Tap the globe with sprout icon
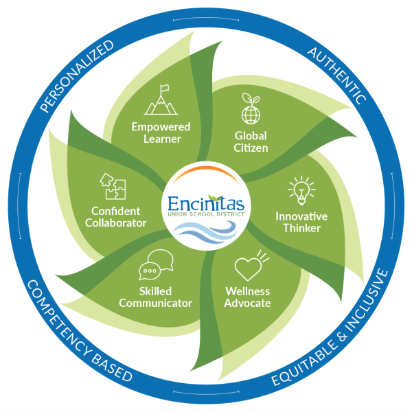(251, 108)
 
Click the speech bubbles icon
(156, 264)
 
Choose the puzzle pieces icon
(113, 186)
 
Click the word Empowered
(161, 127)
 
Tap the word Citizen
(251, 148)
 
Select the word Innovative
(301, 216)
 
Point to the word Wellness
(247, 291)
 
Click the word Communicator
(156, 304)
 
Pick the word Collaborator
(115, 222)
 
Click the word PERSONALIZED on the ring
(77, 76)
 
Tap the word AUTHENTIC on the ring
(337, 76)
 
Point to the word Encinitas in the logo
(206, 204)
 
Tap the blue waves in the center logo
(204, 231)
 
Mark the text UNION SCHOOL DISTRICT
(206, 214)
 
